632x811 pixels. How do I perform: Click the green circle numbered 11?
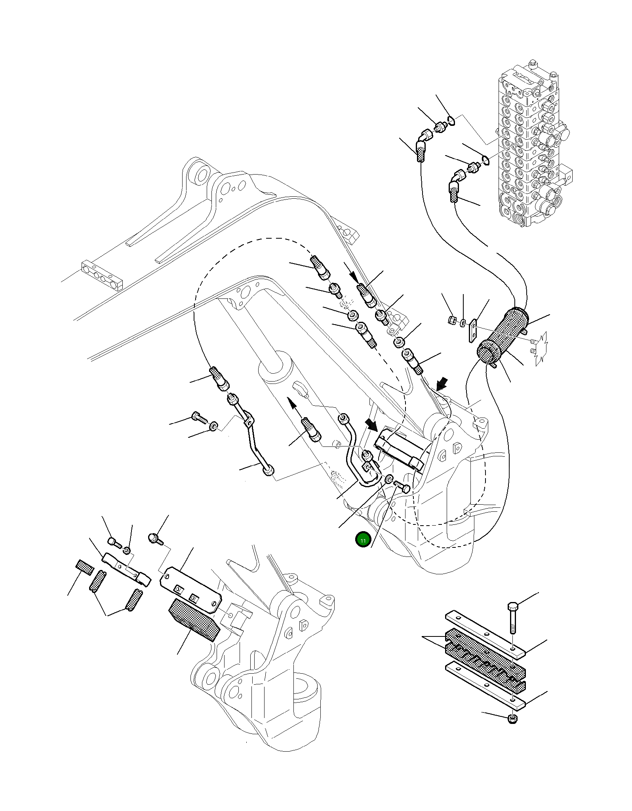(x=363, y=539)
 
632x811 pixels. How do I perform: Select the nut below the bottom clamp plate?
(x=512, y=718)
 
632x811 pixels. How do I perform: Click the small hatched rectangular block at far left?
(x=84, y=567)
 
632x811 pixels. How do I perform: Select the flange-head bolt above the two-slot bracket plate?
(x=154, y=538)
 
